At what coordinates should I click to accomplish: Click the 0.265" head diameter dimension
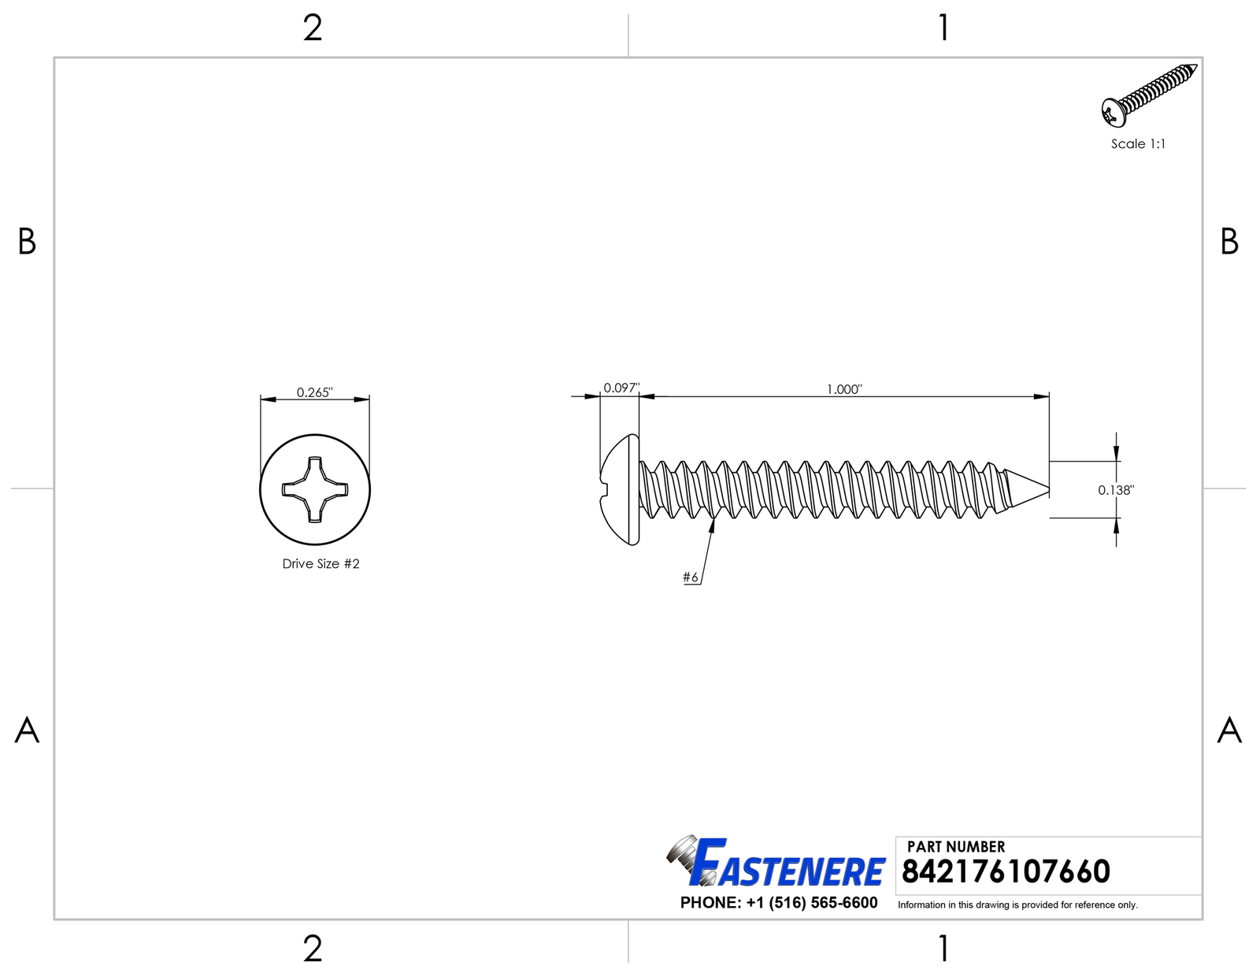pos(315,392)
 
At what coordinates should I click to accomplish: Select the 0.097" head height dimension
pos(621,388)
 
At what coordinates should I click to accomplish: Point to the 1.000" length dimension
pos(844,388)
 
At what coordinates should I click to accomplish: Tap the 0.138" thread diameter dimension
pos(1116,490)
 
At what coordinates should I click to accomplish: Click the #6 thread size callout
pos(691,577)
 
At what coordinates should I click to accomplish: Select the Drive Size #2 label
pos(321,563)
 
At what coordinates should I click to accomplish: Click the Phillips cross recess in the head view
pos(315,489)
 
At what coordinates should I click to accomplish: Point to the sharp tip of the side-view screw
pos(1049,489)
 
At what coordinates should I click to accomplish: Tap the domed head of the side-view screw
pos(620,489)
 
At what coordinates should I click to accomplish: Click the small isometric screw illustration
pos(1149,95)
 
